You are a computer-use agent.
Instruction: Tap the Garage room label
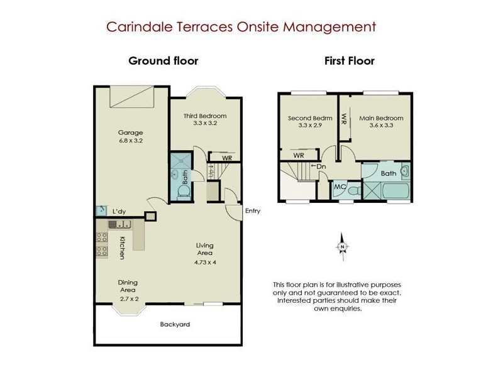(131, 133)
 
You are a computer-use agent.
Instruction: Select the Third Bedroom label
(204, 116)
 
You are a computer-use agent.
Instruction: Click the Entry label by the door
(253, 211)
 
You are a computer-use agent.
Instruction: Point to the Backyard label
(175, 324)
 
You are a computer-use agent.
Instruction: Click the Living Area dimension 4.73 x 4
(204, 261)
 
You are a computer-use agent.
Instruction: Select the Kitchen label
(122, 247)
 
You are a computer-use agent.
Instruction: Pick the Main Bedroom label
(381, 117)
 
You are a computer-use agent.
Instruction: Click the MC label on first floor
(340, 187)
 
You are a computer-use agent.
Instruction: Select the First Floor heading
(349, 61)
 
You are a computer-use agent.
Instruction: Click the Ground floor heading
(163, 61)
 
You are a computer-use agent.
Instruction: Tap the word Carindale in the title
(134, 27)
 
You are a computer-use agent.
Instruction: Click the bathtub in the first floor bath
(394, 190)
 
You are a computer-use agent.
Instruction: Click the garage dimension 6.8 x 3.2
(131, 141)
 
